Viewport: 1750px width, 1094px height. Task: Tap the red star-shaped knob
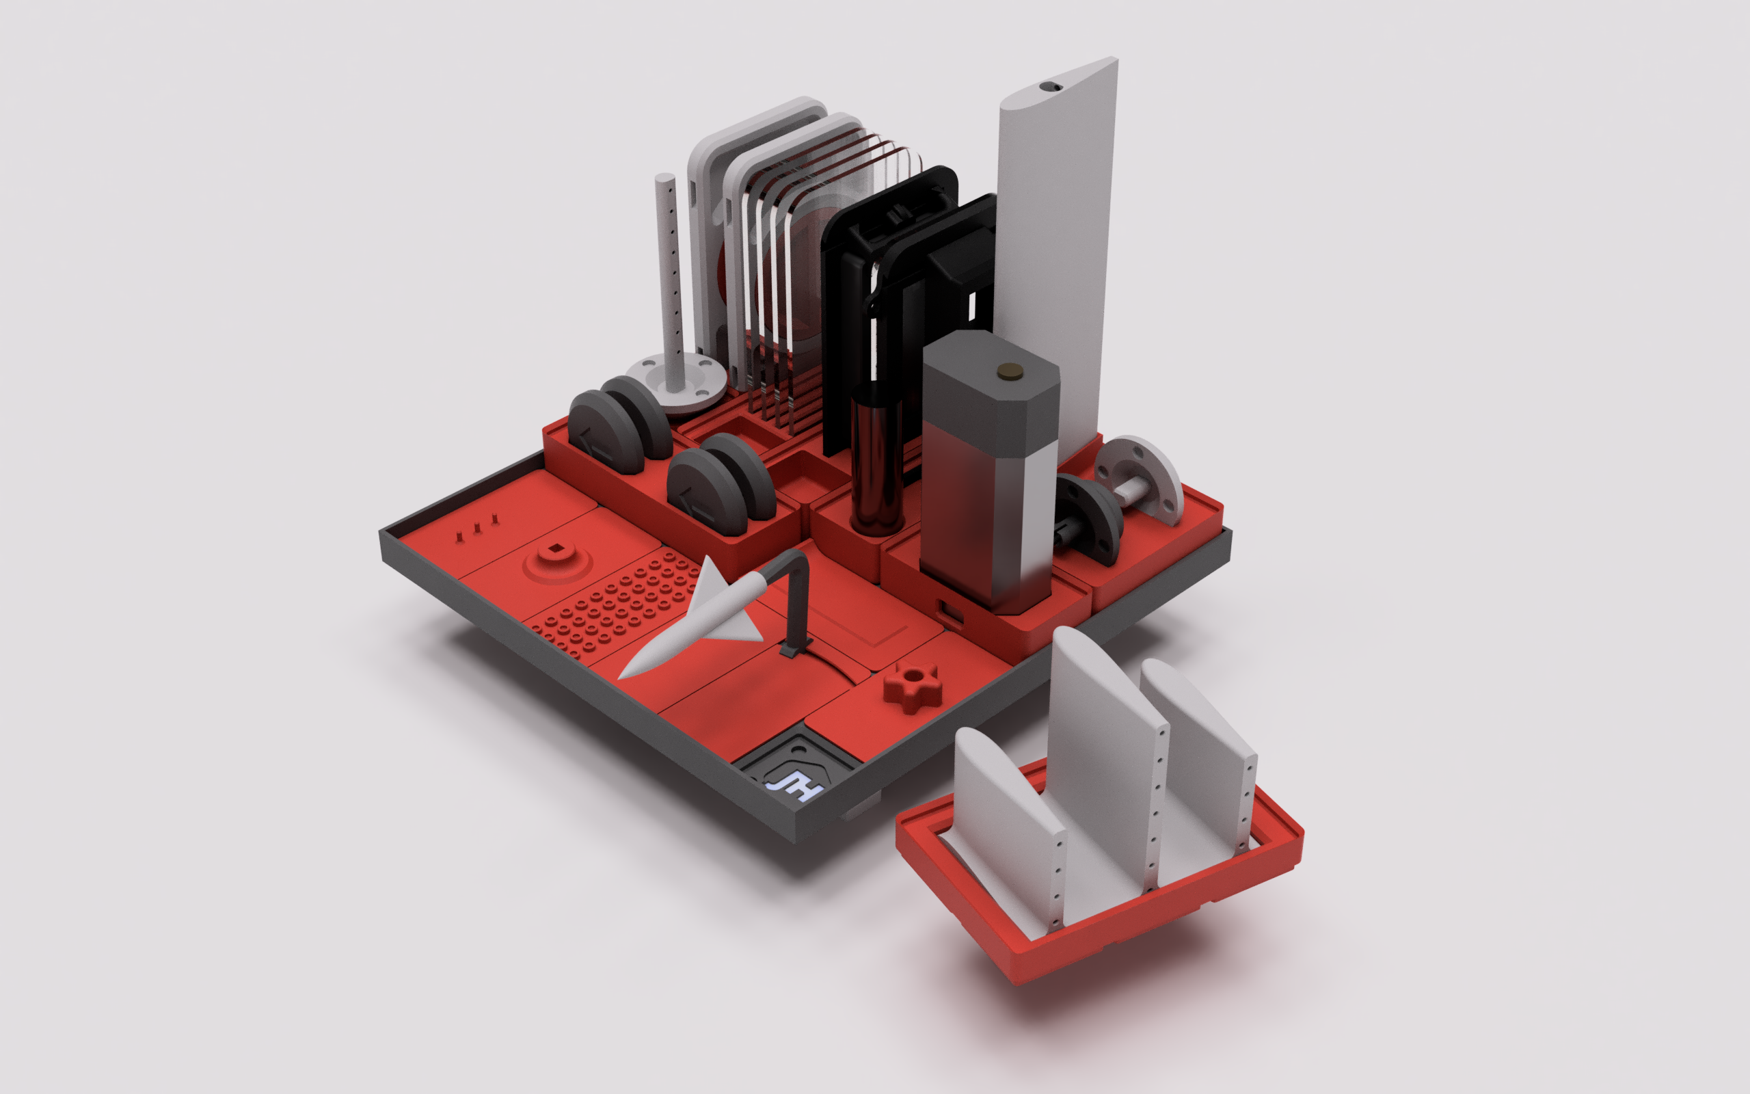pos(913,685)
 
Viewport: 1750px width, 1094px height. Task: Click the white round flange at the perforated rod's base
pos(677,382)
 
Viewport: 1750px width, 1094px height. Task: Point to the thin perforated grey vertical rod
pos(670,275)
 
